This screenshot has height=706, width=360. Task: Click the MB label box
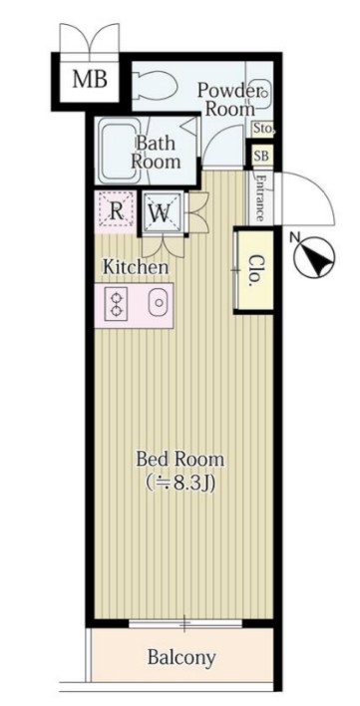(90, 81)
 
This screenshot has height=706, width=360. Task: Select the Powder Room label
(227, 99)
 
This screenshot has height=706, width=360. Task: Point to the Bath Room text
(156, 153)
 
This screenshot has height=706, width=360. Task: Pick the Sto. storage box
(262, 130)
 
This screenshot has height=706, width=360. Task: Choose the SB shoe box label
(261, 157)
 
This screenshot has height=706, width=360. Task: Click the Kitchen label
(136, 267)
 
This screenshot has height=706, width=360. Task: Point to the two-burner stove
(116, 304)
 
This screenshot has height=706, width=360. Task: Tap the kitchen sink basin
(158, 304)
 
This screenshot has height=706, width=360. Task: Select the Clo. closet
(255, 271)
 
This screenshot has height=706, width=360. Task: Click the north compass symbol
(314, 257)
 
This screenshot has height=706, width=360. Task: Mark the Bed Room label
(180, 460)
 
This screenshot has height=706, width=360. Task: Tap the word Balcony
(181, 658)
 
